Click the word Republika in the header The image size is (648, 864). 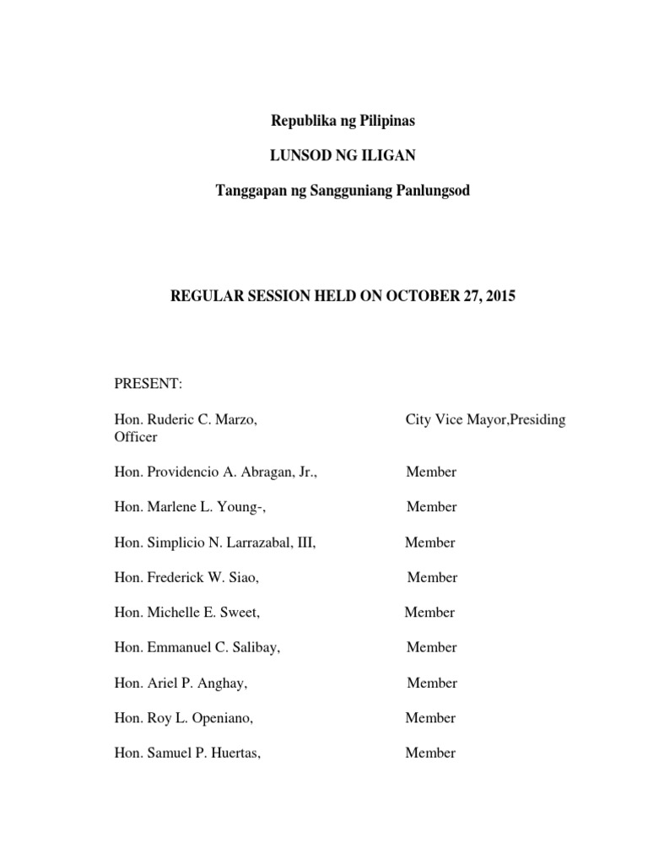[x=301, y=121]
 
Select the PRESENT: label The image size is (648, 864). [x=148, y=384]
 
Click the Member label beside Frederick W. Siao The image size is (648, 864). [x=432, y=577]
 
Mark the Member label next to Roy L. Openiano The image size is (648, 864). [x=430, y=718]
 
